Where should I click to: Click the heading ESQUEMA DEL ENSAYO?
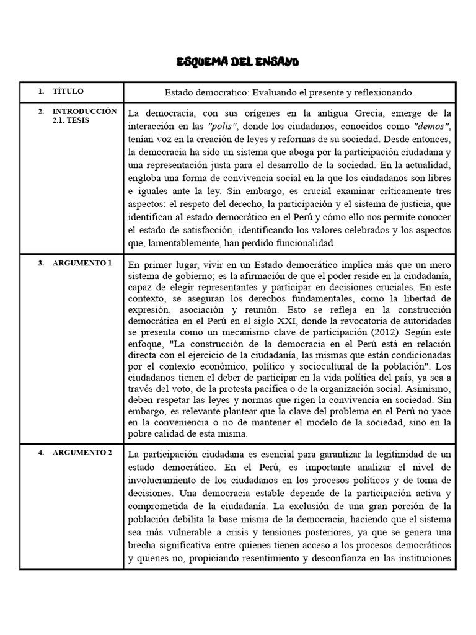click(238, 62)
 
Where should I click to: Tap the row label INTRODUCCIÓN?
click(84, 111)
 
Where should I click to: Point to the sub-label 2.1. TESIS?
click(71, 120)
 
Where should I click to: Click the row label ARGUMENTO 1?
click(82, 263)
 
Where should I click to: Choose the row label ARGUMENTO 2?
click(82, 453)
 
